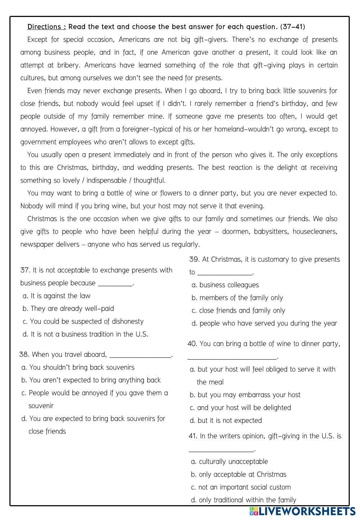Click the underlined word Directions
click(46, 27)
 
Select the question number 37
click(24, 270)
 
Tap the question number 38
click(24, 355)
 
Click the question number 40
click(193, 344)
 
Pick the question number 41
click(193, 436)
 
